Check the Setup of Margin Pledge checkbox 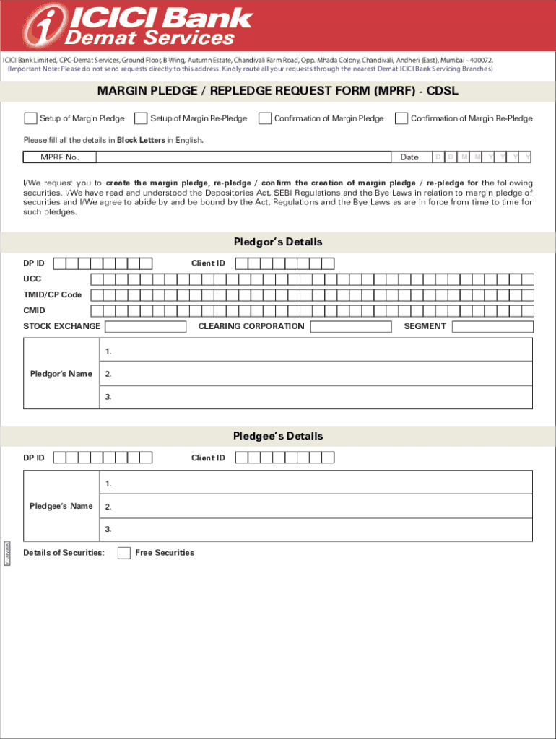click(x=30, y=118)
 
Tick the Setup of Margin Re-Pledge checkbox click(x=142, y=118)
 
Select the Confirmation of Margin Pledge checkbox click(x=265, y=118)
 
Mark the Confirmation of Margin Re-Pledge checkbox click(x=401, y=118)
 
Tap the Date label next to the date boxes click(x=409, y=157)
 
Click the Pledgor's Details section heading click(x=277, y=242)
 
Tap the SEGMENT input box click(x=492, y=326)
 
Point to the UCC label click(x=32, y=279)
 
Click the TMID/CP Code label click(x=52, y=295)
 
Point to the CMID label click(x=34, y=310)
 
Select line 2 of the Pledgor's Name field click(x=318, y=374)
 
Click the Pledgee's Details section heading click(x=277, y=436)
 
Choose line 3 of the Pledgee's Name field click(x=318, y=529)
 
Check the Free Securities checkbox click(x=124, y=553)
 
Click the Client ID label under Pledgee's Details click(x=208, y=458)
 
